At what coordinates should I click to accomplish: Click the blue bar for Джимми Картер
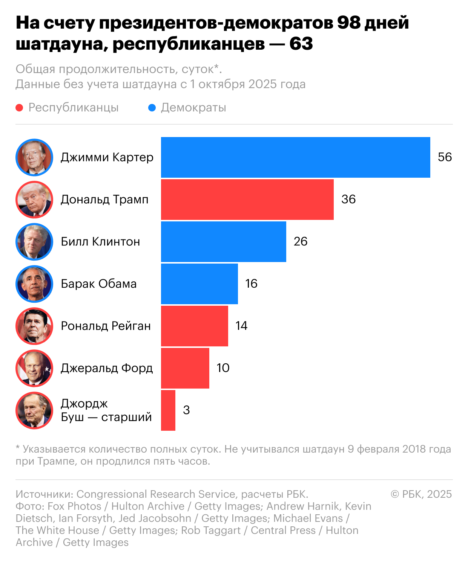(295, 157)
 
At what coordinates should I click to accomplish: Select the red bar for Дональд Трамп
(247, 200)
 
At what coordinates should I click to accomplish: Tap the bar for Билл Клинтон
(223, 242)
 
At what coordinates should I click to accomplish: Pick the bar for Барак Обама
(199, 284)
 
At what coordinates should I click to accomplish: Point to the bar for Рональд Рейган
(194, 326)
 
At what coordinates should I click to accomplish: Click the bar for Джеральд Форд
(185, 368)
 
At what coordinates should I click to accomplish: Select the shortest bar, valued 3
(168, 410)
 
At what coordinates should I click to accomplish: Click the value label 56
(445, 157)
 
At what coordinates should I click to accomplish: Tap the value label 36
(348, 199)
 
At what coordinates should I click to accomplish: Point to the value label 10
(223, 368)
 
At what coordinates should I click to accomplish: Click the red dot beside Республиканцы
(19, 108)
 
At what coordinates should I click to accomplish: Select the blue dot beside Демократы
(152, 108)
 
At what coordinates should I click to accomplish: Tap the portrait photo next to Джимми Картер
(34, 157)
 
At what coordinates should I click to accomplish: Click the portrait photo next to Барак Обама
(34, 284)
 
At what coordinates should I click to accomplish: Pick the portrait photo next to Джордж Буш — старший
(34, 410)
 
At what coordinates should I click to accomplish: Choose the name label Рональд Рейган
(106, 326)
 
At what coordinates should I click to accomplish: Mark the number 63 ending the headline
(301, 44)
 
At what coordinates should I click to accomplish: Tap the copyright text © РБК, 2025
(421, 494)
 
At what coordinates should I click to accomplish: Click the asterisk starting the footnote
(18, 448)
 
